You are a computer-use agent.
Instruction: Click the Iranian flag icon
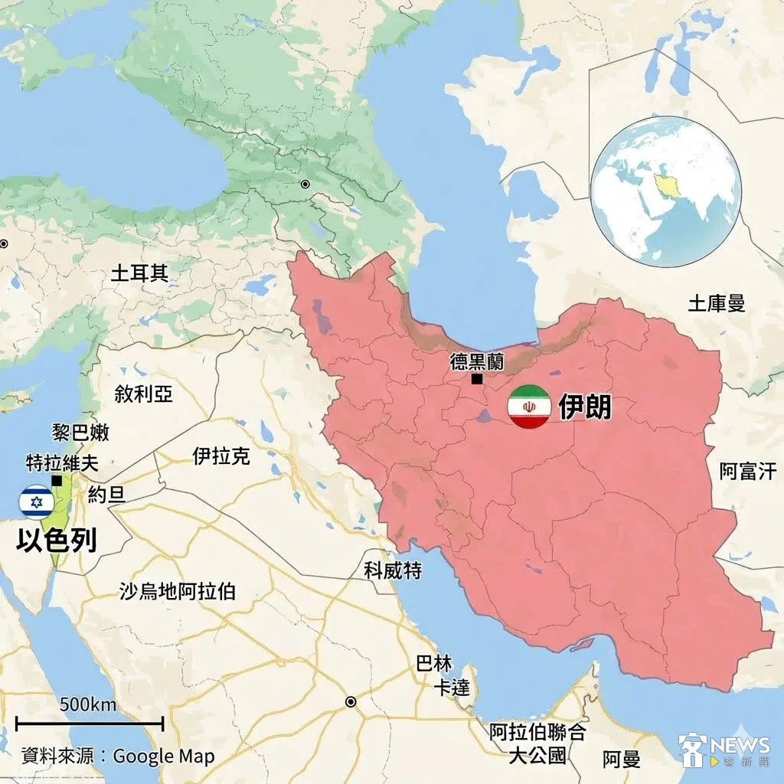click(x=530, y=407)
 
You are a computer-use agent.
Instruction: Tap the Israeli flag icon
click(x=36, y=502)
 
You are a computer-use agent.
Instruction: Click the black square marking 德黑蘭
click(x=477, y=379)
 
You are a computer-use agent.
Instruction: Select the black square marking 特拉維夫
click(x=57, y=480)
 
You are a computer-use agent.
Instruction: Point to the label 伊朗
click(x=585, y=407)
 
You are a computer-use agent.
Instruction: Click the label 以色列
click(x=57, y=541)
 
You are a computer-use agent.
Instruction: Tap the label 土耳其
click(x=139, y=273)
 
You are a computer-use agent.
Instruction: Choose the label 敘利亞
click(x=143, y=394)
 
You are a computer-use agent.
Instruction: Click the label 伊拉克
click(x=220, y=457)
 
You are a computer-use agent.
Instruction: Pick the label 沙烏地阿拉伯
click(x=177, y=591)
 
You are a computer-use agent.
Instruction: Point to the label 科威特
click(x=393, y=570)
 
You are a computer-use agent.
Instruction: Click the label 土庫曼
click(x=716, y=304)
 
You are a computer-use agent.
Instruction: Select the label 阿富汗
click(x=751, y=471)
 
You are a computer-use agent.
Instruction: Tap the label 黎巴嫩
click(x=80, y=433)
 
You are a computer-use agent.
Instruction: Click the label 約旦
click(x=106, y=494)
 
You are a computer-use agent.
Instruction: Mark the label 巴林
click(x=433, y=663)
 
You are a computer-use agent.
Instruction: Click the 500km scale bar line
click(x=90, y=722)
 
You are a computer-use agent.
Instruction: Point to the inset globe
click(x=666, y=191)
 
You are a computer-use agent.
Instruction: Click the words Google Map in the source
click(x=164, y=756)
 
